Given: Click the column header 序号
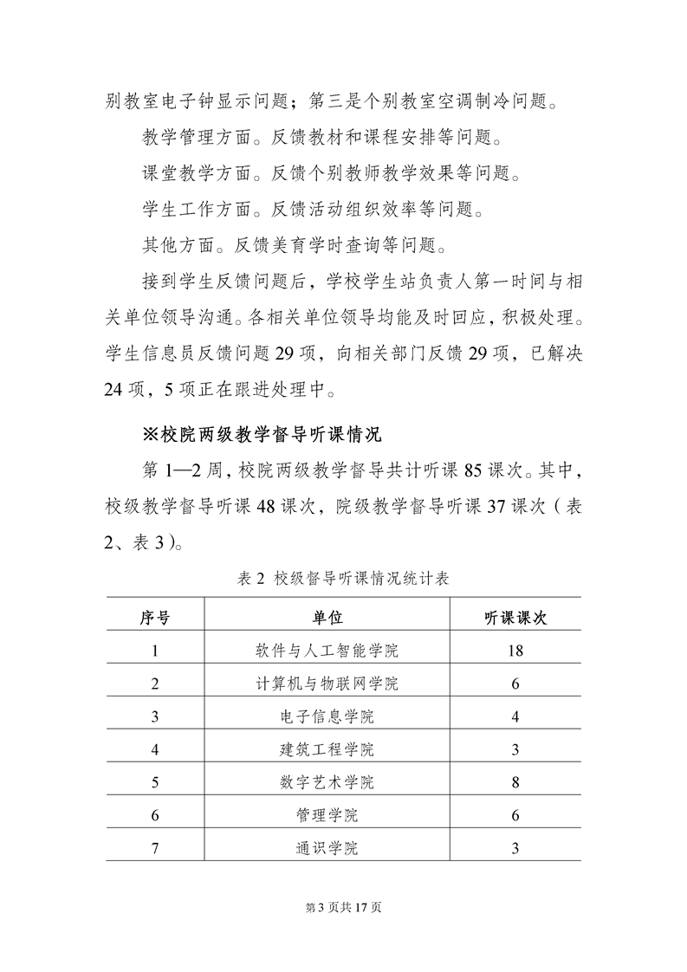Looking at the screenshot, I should [x=155, y=617].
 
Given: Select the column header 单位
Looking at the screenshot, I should [x=327, y=617].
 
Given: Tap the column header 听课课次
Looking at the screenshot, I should [x=515, y=617].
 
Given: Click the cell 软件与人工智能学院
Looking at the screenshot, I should [x=327, y=650].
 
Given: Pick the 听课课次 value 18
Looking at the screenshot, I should [x=515, y=650].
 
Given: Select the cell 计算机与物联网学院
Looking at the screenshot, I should [x=327, y=683].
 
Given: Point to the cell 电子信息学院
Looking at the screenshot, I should [x=327, y=716].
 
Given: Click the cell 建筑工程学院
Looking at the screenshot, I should [x=327, y=748].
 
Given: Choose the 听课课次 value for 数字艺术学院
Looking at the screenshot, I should [x=515, y=781].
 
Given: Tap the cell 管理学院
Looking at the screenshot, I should [x=327, y=814].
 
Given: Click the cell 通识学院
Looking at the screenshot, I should [x=327, y=847].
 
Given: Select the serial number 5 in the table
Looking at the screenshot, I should [x=155, y=781].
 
